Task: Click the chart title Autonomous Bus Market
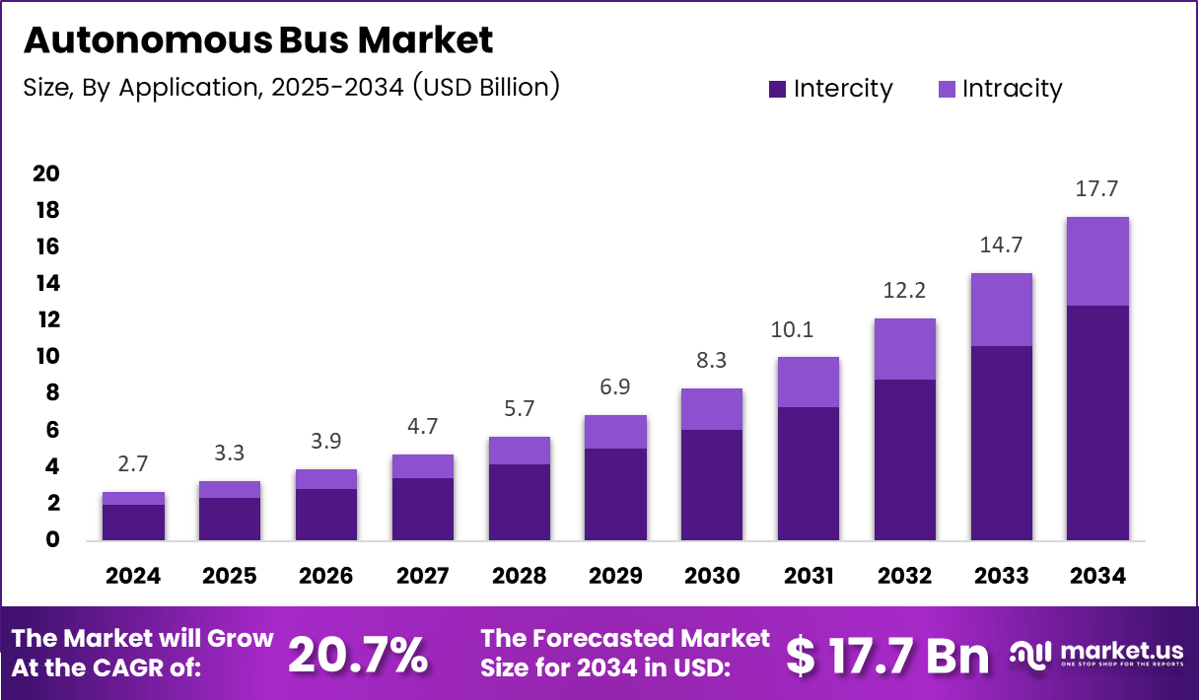click(x=257, y=40)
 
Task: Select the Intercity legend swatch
click(x=777, y=89)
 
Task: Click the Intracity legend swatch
click(x=946, y=89)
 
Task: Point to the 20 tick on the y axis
click(x=46, y=174)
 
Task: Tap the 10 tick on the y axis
click(x=46, y=356)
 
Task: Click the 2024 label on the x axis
click(x=133, y=575)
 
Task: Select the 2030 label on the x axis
click(x=712, y=575)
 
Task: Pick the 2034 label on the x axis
click(x=1097, y=575)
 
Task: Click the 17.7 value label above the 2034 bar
click(x=1097, y=189)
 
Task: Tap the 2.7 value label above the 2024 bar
click(x=133, y=464)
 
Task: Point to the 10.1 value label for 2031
click(x=808, y=329)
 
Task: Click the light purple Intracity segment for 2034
click(x=1097, y=261)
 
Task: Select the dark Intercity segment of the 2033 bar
click(x=1001, y=443)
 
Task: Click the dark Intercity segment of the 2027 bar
click(x=422, y=509)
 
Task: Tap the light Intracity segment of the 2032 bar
click(x=904, y=349)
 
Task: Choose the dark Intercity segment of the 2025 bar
click(x=230, y=519)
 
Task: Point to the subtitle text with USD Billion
click(x=291, y=87)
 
